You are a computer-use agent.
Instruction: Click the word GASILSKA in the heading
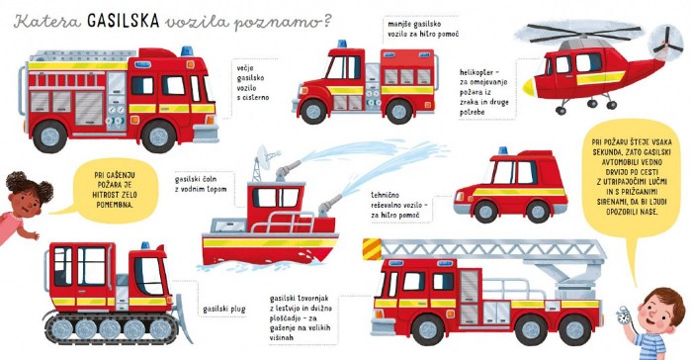click(x=124, y=21)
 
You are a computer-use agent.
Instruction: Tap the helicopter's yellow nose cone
click(x=529, y=87)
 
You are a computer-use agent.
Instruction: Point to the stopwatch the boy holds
click(x=624, y=315)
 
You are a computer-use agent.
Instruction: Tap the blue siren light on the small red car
click(x=503, y=150)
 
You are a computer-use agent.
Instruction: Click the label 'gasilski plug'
click(x=223, y=310)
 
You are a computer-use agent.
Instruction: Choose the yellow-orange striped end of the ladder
click(x=372, y=248)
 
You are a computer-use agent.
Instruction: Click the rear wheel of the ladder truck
click(x=574, y=329)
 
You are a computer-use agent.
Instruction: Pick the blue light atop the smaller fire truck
click(x=342, y=44)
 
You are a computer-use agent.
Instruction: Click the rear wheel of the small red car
click(x=538, y=212)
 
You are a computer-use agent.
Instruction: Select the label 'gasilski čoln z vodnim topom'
click(x=201, y=184)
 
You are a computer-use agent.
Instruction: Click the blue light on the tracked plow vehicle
click(x=145, y=245)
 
